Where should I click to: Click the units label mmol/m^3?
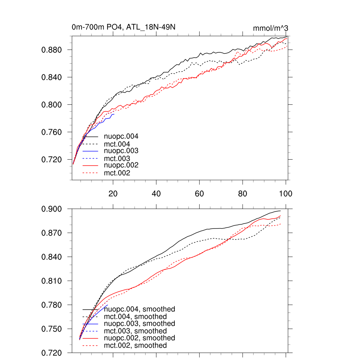tap(271, 28)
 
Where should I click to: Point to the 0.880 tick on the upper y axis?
tap(52, 50)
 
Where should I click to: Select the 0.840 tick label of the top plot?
tap(52, 77)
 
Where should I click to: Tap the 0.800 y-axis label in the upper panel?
tap(52, 105)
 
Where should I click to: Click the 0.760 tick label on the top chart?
tap(52, 132)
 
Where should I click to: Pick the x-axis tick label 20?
tap(113, 194)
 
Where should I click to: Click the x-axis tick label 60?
tap(199, 194)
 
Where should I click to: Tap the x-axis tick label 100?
tap(285, 194)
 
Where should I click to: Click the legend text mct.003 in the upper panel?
tap(117, 159)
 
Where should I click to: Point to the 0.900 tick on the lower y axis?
tap(52, 209)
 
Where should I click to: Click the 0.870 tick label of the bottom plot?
tap(52, 233)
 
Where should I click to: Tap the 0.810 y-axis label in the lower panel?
tap(52, 281)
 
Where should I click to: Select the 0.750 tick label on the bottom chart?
tap(52, 329)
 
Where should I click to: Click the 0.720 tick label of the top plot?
tap(52, 160)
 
